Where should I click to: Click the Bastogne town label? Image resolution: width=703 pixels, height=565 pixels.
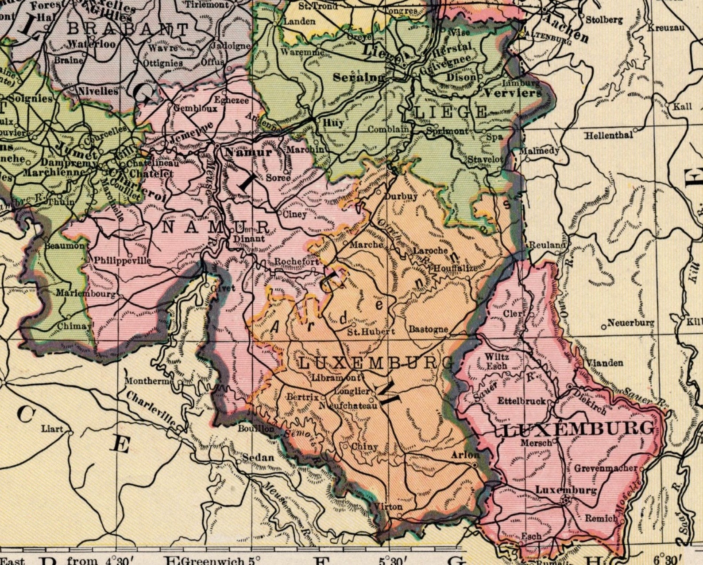(x=428, y=329)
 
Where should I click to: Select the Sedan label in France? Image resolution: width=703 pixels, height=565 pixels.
(x=258, y=457)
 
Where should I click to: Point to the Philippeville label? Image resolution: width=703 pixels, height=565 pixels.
(x=123, y=261)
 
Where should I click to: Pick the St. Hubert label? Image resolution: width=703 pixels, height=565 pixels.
(x=364, y=331)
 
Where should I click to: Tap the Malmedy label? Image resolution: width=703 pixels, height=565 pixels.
(x=539, y=151)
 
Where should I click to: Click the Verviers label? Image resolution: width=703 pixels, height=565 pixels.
(x=513, y=93)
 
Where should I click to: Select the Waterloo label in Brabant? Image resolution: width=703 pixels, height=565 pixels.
(x=93, y=44)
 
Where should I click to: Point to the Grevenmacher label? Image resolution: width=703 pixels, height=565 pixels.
(x=606, y=468)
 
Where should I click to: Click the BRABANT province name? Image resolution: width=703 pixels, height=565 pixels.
(x=128, y=30)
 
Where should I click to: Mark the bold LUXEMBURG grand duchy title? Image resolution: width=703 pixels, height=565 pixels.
(x=579, y=429)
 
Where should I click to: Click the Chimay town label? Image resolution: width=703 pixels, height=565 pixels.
(x=75, y=326)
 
